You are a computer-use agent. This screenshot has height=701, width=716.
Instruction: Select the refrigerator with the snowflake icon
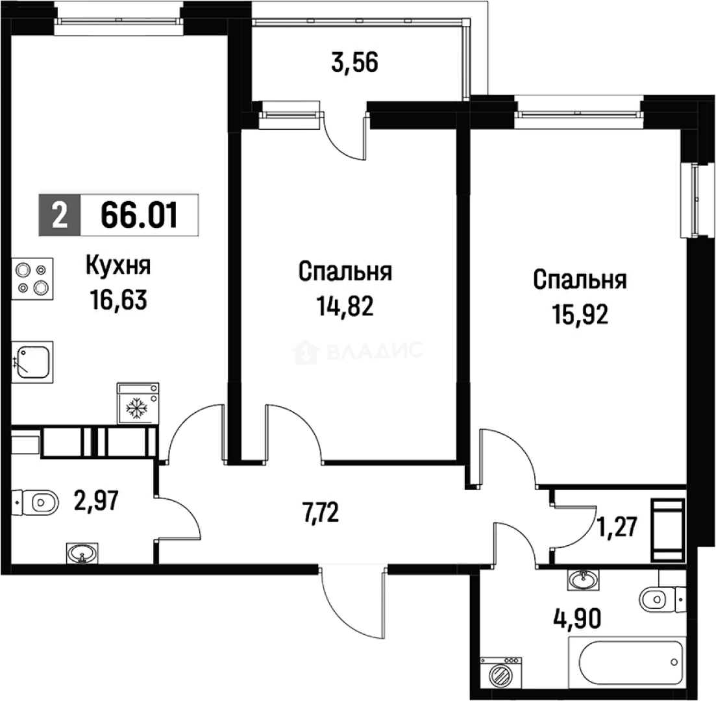click(x=137, y=402)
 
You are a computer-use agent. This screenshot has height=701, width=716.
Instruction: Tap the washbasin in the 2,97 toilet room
click(x=82, y=554)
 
